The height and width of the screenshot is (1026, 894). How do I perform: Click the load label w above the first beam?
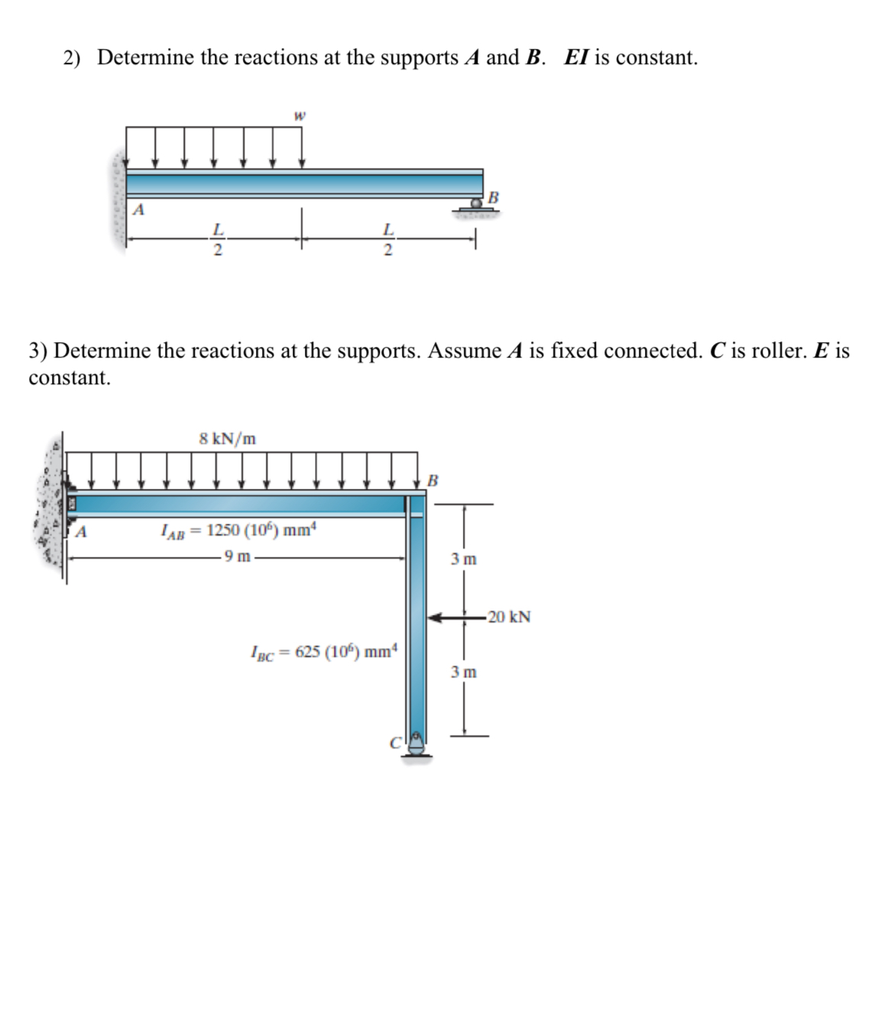(300, 117)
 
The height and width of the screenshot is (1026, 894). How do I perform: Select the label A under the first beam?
(138, 209)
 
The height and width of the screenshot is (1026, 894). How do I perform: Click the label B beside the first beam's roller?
(493, 198)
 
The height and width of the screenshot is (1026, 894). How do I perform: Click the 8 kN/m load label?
(227, 439)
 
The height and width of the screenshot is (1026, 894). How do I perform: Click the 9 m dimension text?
(236, 556)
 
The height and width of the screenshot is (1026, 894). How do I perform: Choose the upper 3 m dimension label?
(463, 559)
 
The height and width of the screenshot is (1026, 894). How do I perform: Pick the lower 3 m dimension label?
(463, 672)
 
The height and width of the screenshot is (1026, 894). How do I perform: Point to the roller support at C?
(416, 745)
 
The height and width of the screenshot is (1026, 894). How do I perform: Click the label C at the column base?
(396, 742)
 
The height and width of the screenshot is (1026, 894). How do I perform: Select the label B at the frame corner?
(432, 481)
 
